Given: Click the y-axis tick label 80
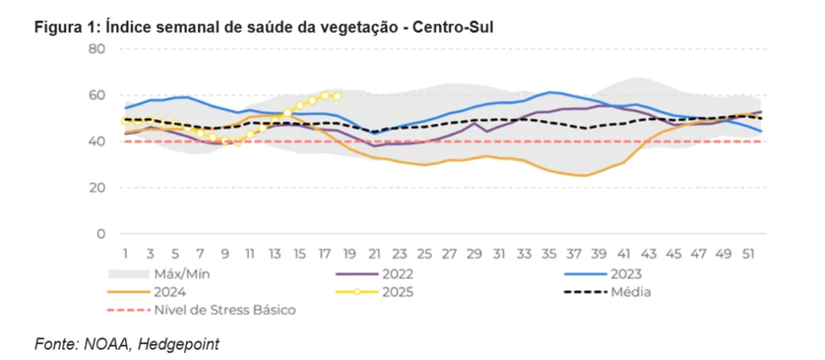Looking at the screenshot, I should click(97, 49).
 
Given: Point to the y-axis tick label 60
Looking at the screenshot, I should click(97, 95).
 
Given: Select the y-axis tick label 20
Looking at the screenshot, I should click(97, 188).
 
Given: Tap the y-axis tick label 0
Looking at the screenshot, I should click(102, 234).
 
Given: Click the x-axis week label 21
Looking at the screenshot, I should click(375, 254).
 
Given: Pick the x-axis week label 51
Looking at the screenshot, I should click(748, 254).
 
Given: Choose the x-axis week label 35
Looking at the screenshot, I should click(549, 254).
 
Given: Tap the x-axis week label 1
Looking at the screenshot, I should click(126, 254).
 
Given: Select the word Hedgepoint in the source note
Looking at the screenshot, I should click(179, 344).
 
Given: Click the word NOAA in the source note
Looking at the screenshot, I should click(109, 344).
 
